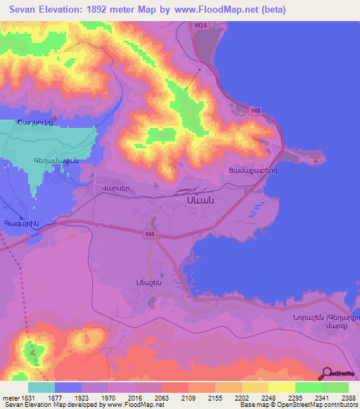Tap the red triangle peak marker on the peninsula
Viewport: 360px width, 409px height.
point(317,160)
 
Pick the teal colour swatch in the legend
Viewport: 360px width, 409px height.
point(41,387)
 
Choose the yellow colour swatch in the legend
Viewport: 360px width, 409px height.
point(281,387)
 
